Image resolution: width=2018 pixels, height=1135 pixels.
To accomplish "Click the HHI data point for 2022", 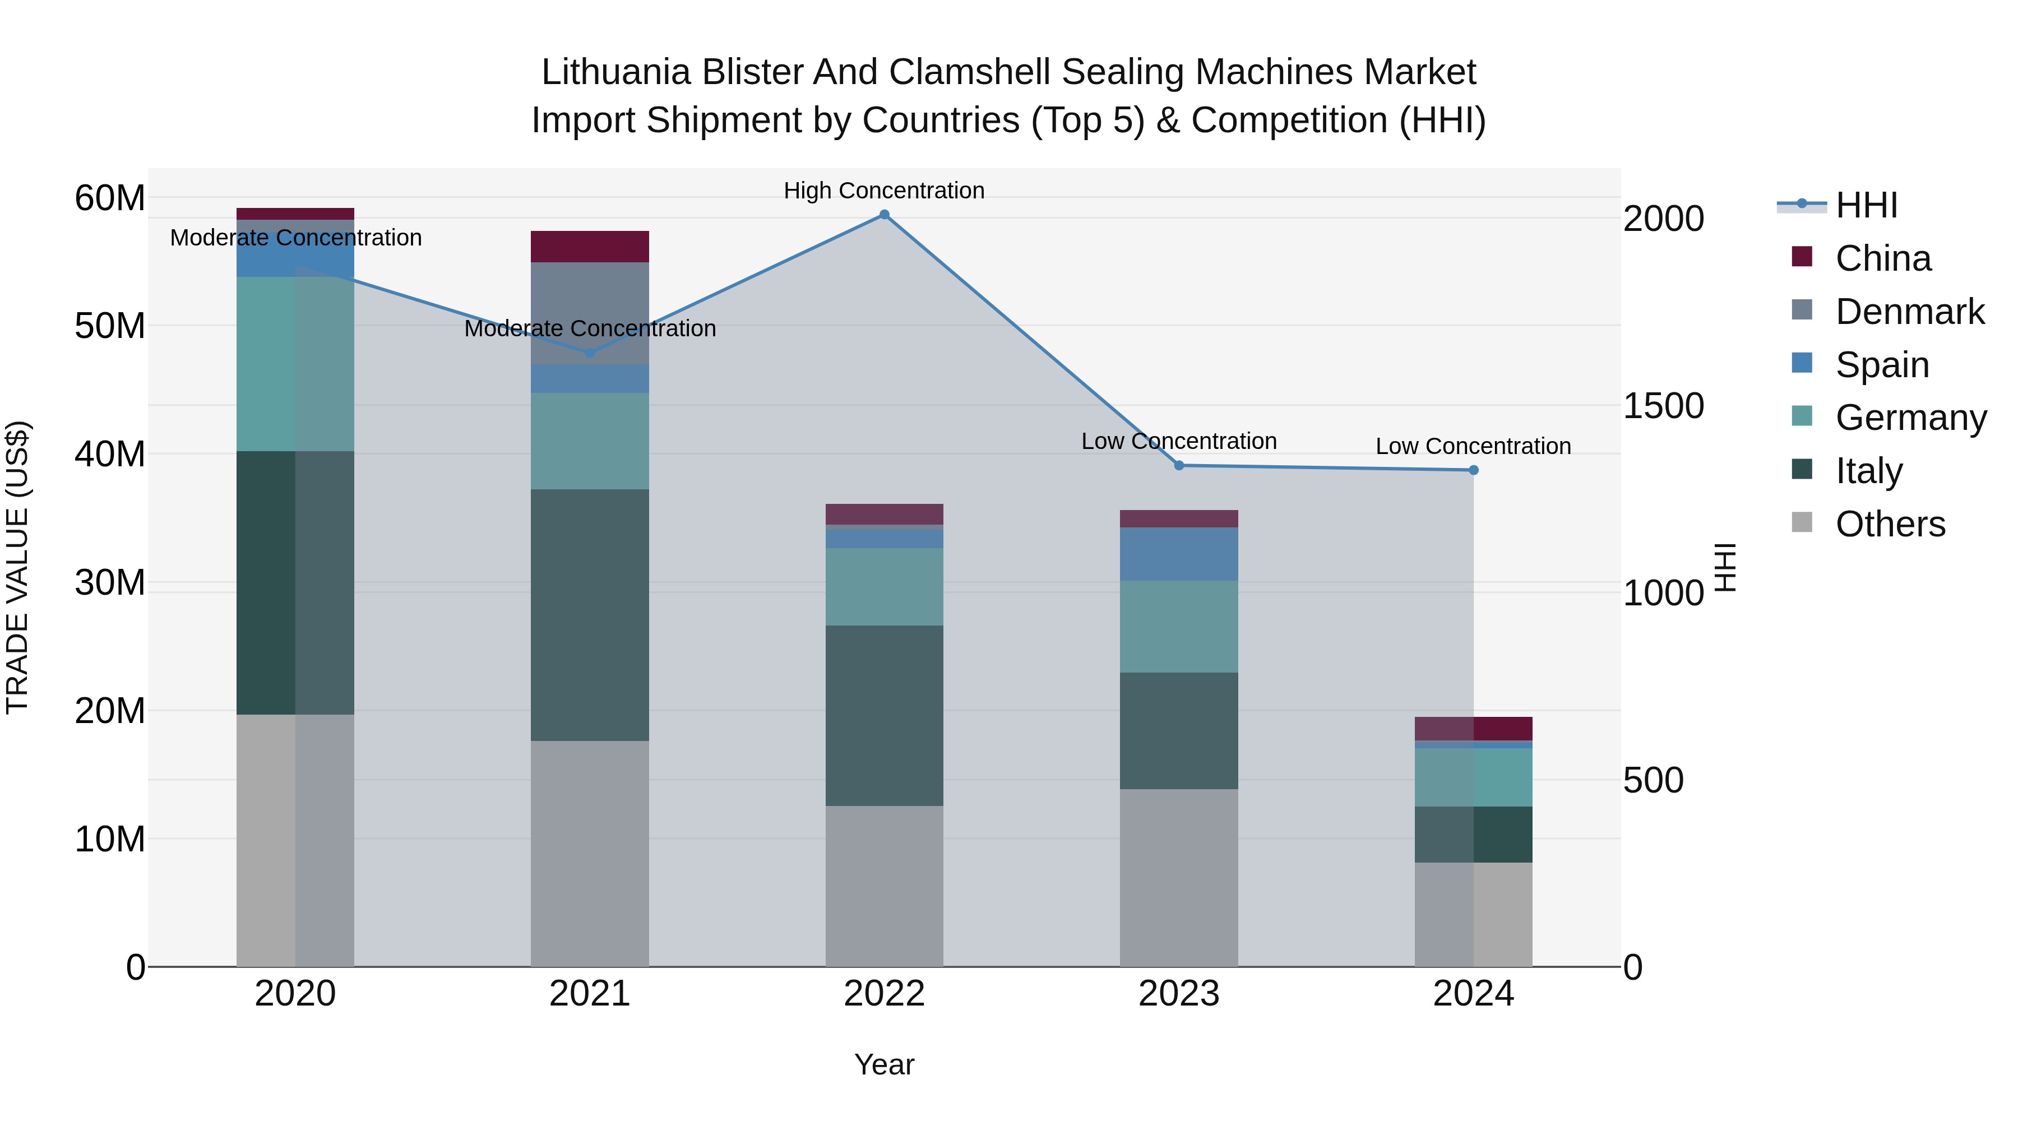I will [885, 215].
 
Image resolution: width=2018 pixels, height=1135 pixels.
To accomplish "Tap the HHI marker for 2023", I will [1179, 465].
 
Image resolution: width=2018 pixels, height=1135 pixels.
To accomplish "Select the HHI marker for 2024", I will [1474, 470].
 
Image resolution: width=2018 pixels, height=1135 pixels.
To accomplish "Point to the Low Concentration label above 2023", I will [1178, 441].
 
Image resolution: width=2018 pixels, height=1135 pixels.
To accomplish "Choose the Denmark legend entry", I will [1909, 312].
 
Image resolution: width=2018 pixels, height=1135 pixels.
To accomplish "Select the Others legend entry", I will [1890, 524].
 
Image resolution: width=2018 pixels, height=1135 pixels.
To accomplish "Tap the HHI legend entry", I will [1866, 205].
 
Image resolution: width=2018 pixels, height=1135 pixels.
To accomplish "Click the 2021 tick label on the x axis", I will [589, 994].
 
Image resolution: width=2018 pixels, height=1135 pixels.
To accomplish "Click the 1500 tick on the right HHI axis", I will [1663, 406].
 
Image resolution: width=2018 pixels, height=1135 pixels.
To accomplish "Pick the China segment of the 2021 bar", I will [589, 247].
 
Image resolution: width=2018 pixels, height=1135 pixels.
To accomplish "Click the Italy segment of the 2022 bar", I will [885, 715].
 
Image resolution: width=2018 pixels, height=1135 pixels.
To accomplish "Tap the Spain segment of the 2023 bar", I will [1179, 554].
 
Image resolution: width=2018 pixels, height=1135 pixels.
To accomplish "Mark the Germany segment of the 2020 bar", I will [295, 364].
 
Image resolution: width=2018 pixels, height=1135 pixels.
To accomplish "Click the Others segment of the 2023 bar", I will [1179, 877].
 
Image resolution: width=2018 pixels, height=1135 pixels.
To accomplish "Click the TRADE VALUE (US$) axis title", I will [17, 567].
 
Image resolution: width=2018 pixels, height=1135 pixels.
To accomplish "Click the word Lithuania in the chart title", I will [615, 73].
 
